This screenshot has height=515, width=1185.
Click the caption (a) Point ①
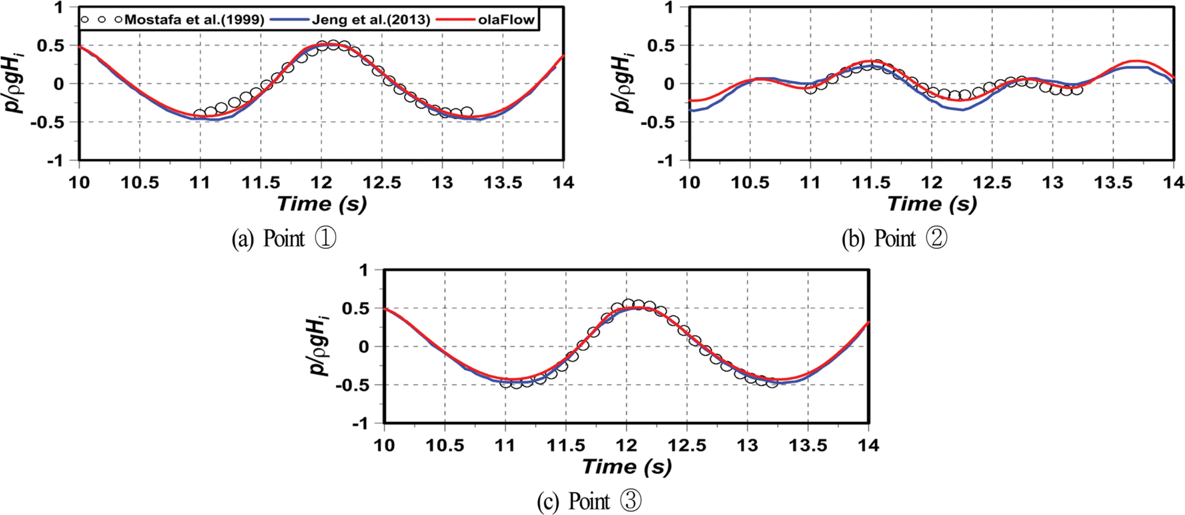coord(284,239)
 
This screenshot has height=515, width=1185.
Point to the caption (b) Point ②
coord(894,239)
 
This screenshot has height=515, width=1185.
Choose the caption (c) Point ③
coord(589,501)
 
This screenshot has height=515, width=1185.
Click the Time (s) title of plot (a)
coord(322,204)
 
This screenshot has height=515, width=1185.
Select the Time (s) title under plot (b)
coord(931,204)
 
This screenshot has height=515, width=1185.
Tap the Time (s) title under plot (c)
coord(627,467)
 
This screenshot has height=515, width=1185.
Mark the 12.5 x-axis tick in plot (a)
coord(382,183)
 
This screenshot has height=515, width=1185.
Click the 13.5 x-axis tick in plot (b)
coord(1113,183)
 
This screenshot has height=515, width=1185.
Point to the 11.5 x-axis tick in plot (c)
coord(566,446)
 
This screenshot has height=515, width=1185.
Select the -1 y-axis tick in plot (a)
coord(54,161)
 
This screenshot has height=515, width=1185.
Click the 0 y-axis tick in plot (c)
coord(364,347)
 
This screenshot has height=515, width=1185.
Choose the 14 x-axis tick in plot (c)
coord(868,446)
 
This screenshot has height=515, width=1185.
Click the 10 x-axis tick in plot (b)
coord(690,183)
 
